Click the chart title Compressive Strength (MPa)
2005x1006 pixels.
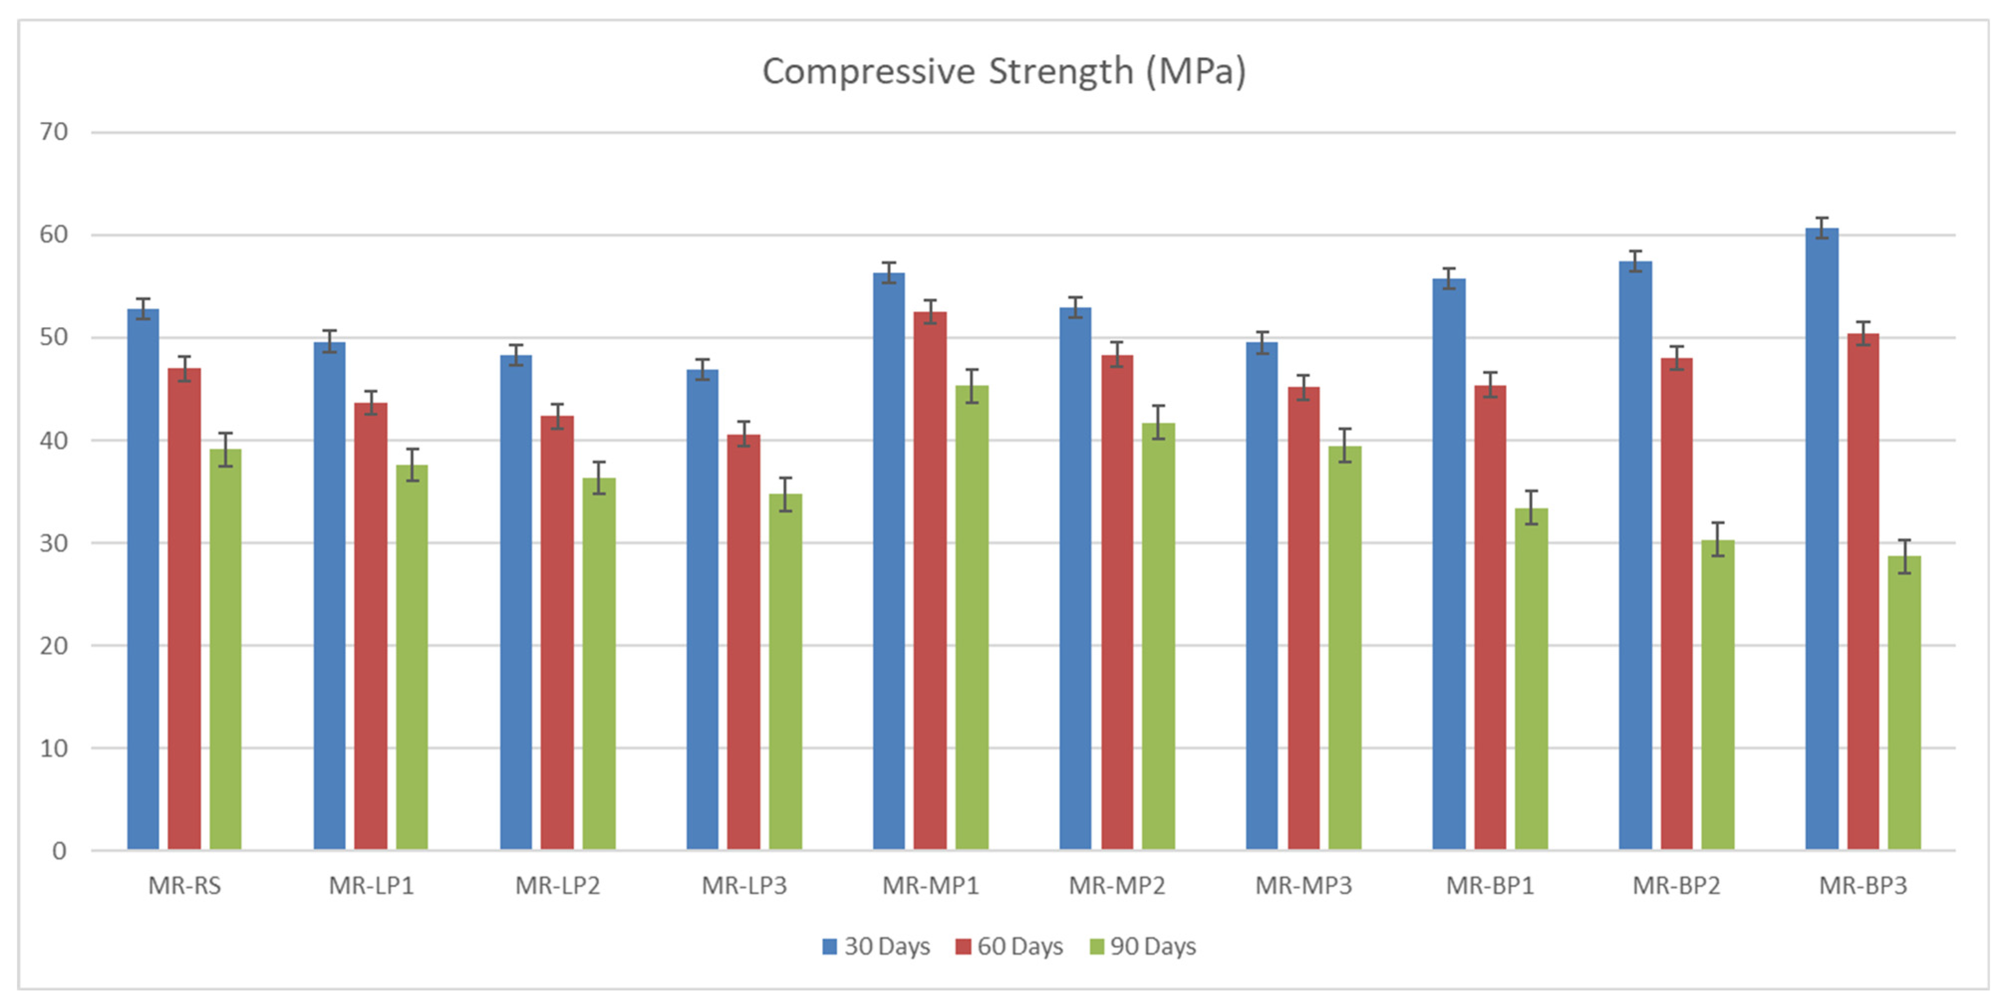coord(1004,72)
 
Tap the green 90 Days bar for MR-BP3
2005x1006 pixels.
coord(1904,702)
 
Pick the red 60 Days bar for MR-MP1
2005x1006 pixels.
coord(930,580)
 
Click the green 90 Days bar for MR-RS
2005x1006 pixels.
coord(225,649)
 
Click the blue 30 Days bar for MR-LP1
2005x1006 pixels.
coord(330,596)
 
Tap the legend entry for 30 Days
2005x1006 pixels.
coord(876,946)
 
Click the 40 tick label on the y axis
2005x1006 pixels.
coord(54,441)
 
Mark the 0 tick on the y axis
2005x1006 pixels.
coord(60,850)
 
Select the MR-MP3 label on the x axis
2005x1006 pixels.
coord(1304,886)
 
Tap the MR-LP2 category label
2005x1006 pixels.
coord(558,886)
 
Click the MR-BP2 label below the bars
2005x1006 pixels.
coord(1677,886)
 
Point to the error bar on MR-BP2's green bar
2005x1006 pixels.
coord(1718,539)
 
